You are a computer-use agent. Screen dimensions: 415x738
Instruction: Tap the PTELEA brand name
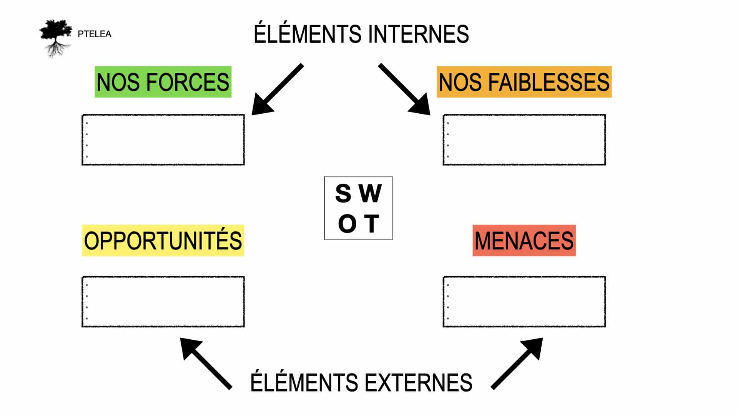click(94, 34)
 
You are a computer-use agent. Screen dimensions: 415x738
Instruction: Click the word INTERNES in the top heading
click(418, 34)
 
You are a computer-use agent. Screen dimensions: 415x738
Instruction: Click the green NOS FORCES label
click(163, 82)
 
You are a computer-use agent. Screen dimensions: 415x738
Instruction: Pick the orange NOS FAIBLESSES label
click(524, 82)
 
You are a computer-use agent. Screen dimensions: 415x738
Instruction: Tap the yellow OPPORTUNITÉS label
click(163, 241)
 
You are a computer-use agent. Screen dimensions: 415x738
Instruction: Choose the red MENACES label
click(524, 241)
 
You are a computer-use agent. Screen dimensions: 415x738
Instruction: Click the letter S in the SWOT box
click(343, 193)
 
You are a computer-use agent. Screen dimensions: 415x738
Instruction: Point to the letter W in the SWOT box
click(371, 193)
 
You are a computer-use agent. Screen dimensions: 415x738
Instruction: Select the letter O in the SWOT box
click(347, 224)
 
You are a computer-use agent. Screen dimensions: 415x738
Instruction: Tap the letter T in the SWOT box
click(372, 224)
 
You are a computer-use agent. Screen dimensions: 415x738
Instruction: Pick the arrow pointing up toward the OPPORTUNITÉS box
click(206, 363)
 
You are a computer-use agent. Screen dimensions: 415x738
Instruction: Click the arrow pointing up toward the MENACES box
click(517, 363)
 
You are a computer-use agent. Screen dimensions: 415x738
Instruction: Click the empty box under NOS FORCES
click(163, 140)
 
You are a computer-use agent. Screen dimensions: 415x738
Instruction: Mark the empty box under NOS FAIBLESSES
click(524, 140)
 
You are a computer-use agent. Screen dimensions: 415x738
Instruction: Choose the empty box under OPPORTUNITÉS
click(163, 302)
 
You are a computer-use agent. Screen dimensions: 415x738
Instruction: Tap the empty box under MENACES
click(524, 302)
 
